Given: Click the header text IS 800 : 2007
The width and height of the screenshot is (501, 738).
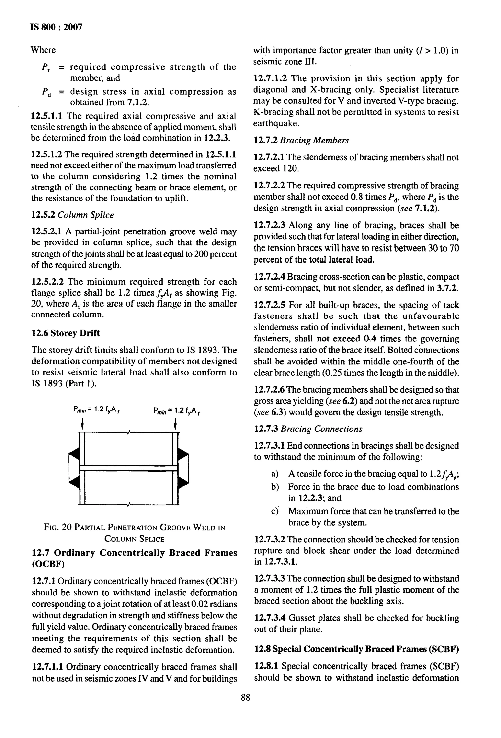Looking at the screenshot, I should pos(56,27).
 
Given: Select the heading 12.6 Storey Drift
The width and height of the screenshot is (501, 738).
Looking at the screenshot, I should pos(66,333).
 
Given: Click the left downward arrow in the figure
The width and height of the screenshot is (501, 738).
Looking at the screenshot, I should pos(82,424).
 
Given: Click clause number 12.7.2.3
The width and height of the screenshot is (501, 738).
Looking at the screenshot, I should pos(270,225).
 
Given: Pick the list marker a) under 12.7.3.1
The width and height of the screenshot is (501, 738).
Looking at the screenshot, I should pos(275,474).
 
